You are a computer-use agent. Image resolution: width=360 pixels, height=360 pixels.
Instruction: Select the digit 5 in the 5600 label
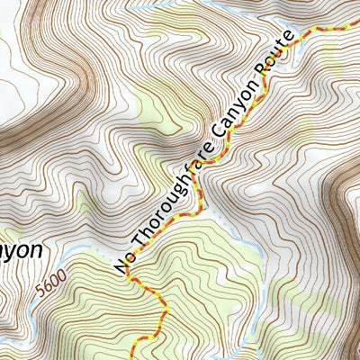tap(42, 297)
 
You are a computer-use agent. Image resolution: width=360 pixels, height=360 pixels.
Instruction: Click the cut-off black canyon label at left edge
tap(20, 249)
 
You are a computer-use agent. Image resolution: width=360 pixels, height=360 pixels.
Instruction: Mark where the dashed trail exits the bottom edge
tap(135, 357)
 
